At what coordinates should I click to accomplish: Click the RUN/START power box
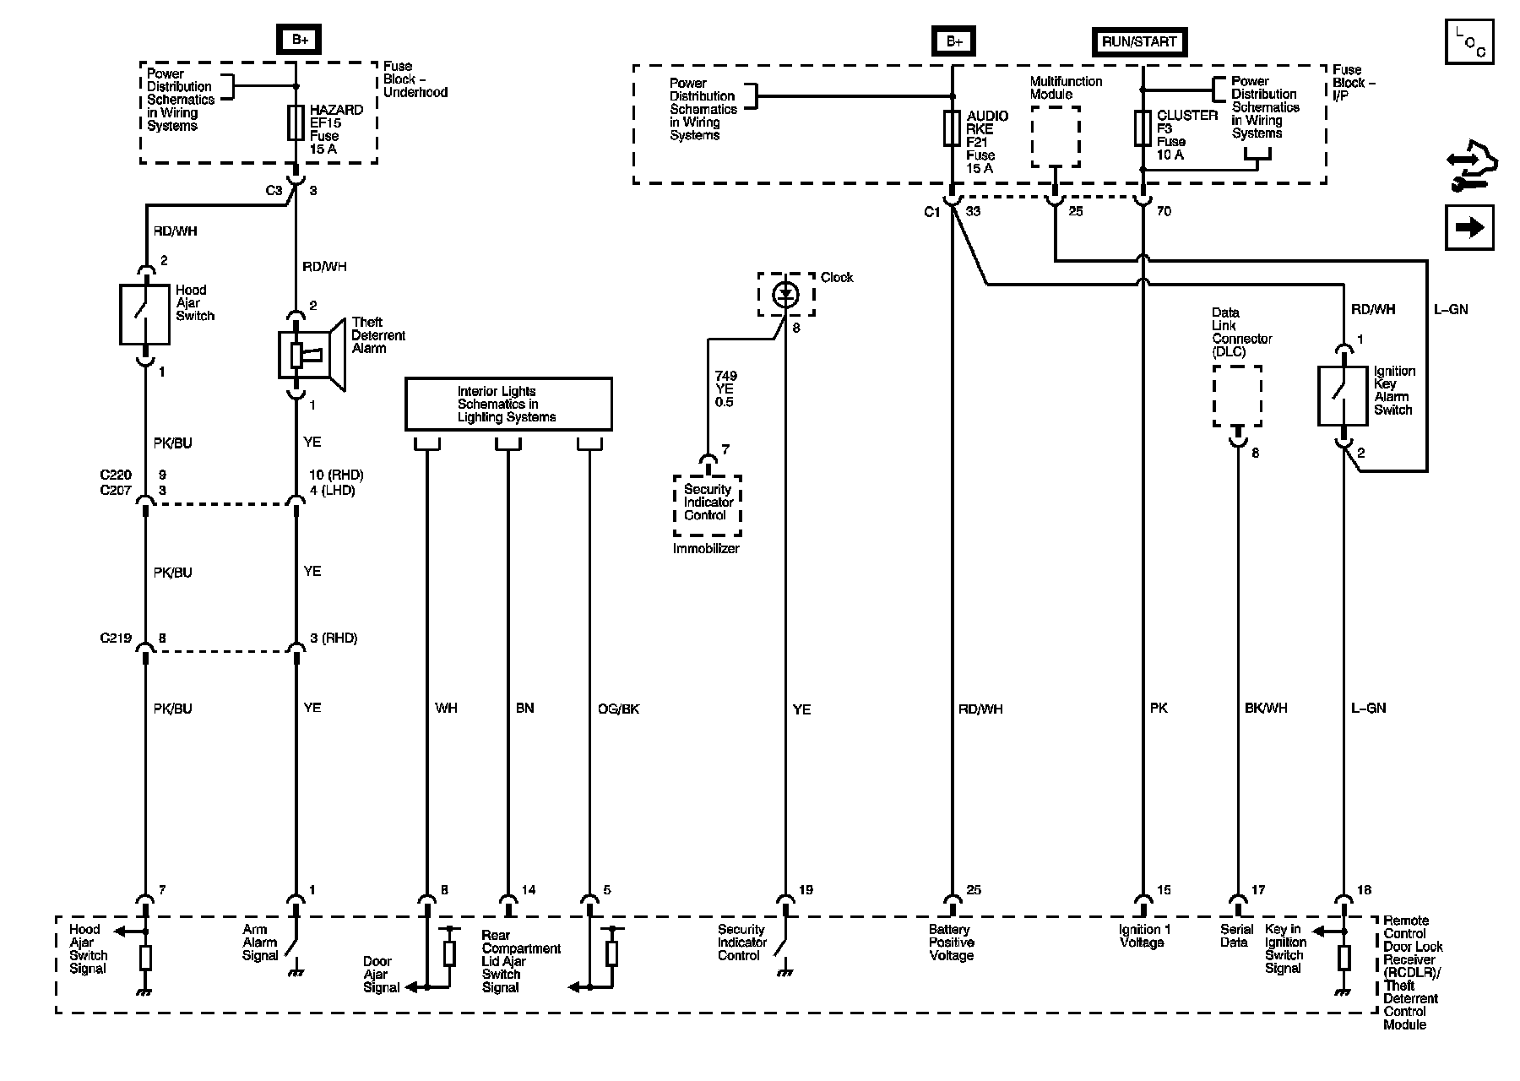point(1139,41)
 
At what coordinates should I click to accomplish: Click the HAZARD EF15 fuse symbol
point(296,123)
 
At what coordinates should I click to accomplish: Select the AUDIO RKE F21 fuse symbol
point(952,129)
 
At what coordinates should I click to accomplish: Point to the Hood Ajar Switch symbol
point(145,315)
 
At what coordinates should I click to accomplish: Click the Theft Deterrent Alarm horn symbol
point(312,355)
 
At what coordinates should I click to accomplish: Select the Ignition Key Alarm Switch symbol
point(1343,395)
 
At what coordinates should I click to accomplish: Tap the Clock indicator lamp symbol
point(786,294)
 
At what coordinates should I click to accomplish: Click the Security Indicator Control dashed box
point(708,505)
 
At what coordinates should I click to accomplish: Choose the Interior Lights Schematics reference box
point(508,405)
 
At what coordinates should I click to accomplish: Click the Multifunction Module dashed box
point(1056,137)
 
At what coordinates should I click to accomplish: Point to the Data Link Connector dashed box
point(1238,397)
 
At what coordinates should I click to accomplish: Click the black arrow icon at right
point(1469,227)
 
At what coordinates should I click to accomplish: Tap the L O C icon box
point(1469,42)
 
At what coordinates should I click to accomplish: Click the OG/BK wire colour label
point(618,709)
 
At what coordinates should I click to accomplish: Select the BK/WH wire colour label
point(1266,708)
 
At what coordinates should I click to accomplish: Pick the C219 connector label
point(116,638)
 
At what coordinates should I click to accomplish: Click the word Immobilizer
point(706,549)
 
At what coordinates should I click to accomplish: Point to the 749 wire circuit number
point(725,376)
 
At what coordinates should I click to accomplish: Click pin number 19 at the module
point(806,890)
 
